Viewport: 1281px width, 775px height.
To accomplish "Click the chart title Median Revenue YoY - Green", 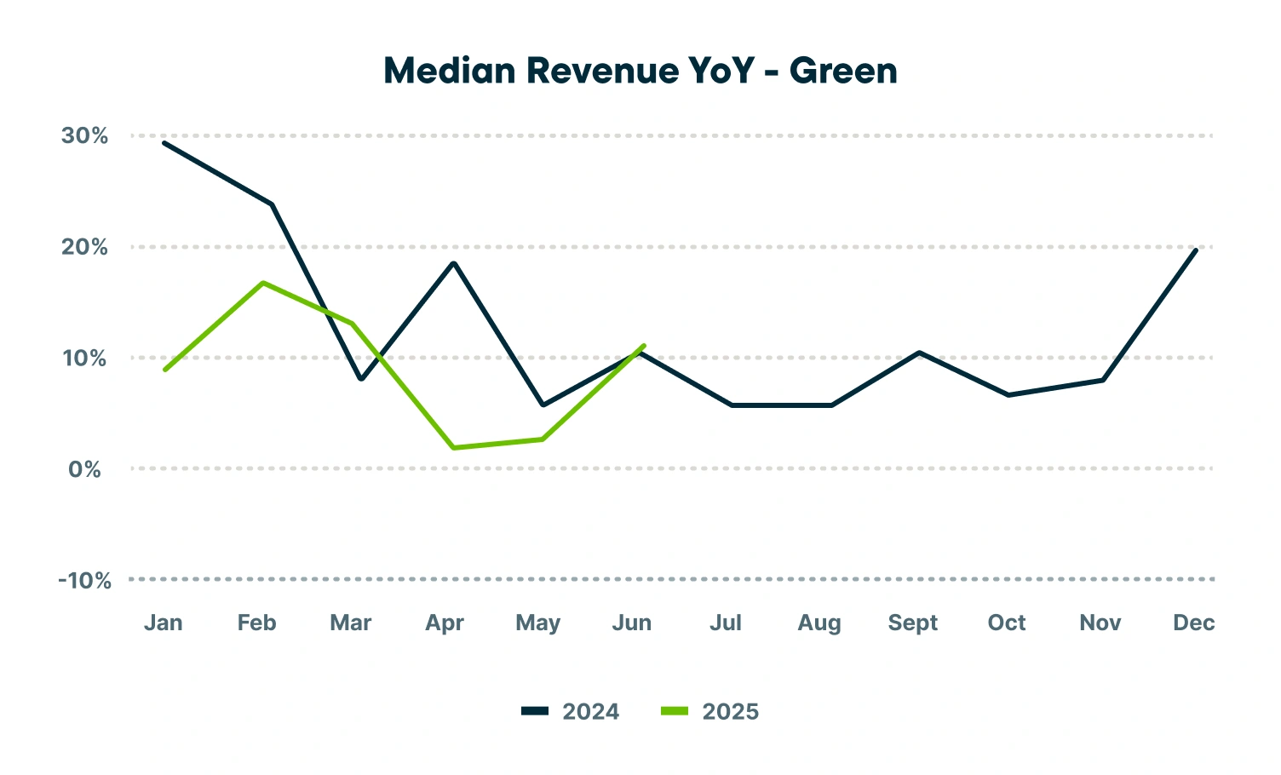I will [x=640, y=71].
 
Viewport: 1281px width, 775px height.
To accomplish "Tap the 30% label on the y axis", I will [x=85, y=135].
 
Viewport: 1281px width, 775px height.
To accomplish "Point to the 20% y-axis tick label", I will [x=85, y=247].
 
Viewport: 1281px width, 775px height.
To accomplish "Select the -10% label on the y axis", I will [x=84, y=581].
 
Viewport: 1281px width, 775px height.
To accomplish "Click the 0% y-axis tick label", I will [x=85, y=469].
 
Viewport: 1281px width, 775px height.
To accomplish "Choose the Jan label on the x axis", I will [x=164, y=623].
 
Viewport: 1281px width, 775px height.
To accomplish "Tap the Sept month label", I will [x=912, y=623].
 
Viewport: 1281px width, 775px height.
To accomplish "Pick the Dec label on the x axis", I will [x=1193, y=623].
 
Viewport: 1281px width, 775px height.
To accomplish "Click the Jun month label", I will [x=632, y=623].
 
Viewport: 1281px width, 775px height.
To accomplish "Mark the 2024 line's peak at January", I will [x=164, y=142].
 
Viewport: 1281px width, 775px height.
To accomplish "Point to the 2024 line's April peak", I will [x=454, y=263].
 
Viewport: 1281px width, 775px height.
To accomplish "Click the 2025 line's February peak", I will [x=264, y=283].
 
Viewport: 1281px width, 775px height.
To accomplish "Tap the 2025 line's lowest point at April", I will [x=455, y=447].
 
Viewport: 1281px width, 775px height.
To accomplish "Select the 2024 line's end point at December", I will [x=1196, y=250].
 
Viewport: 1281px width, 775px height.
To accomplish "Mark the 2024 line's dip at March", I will [x=361, y=379].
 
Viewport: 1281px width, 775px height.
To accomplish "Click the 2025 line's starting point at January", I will [x=164, y=370].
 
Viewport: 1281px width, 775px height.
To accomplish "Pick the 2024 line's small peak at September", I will [x=919, y=352].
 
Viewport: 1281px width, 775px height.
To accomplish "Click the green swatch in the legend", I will [x=675, y=711].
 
